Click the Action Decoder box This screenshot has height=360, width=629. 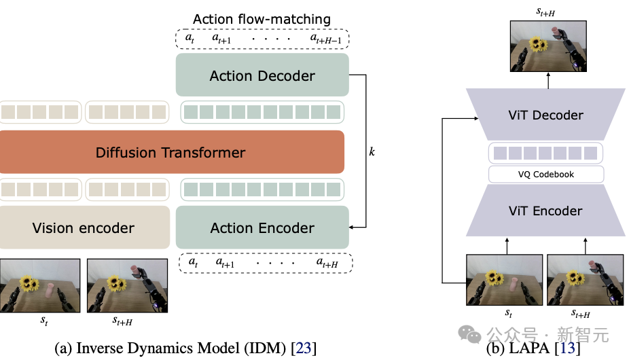click(x=262, y=75)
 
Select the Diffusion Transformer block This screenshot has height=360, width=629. click(x=172, y=152)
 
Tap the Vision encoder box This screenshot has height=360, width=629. click(x=84, y=228)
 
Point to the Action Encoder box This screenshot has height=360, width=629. click(x=262, y=228)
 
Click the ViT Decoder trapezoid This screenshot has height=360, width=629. click(x=545, y=115)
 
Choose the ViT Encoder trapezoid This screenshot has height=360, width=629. click(x=545, y=211)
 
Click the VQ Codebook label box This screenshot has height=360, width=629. click(x=546, y=174)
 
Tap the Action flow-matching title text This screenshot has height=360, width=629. click(x=262, y=19)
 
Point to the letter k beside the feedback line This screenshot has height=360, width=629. click(x=372, y=151)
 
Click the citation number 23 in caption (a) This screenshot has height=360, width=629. click(x=304, y=348)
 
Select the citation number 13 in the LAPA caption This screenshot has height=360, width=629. click(x=568, y=348)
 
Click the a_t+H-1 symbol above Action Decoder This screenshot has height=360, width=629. click(x=326, y=39)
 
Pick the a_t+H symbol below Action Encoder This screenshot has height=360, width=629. click(x=327, y=263)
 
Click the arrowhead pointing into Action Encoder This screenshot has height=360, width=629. click(x=351, y=227)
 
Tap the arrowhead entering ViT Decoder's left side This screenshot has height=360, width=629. click(x=476, y=118)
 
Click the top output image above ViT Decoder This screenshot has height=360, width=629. click(x=548, y=46)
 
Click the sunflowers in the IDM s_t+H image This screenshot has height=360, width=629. click(x=117, y=283)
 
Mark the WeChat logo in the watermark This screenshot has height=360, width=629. click(x=469, y=334)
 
